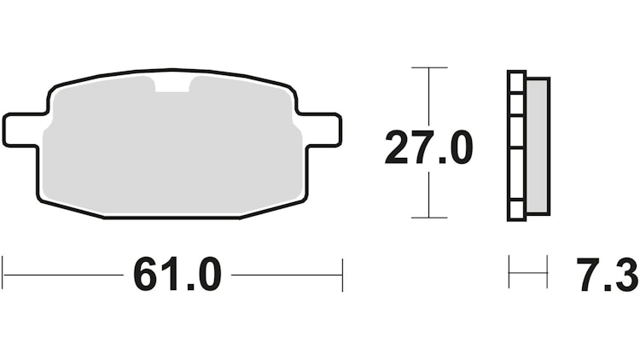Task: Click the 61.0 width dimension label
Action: click(177, 275)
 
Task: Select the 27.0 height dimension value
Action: click(428, 148)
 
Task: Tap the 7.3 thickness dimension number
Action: click(608, 275)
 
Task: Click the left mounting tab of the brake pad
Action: click(22, 129)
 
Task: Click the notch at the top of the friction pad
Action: click(172, 84)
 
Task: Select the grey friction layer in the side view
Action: click(538, 146)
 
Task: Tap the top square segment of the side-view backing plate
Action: click(517, 82)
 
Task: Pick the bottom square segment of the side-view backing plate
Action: click(517, 210)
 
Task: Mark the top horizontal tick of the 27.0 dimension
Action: click(429, 67)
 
